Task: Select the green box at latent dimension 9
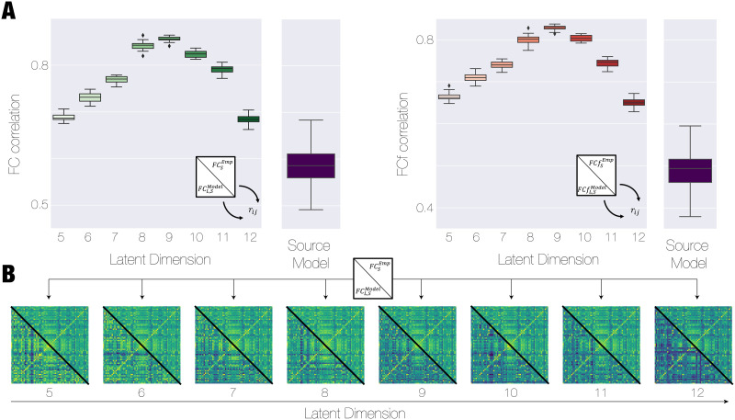pos(168,39)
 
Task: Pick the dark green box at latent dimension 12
pos(249,119)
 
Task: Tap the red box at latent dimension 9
pos(554,28)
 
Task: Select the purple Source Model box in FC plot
pos(311,165)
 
